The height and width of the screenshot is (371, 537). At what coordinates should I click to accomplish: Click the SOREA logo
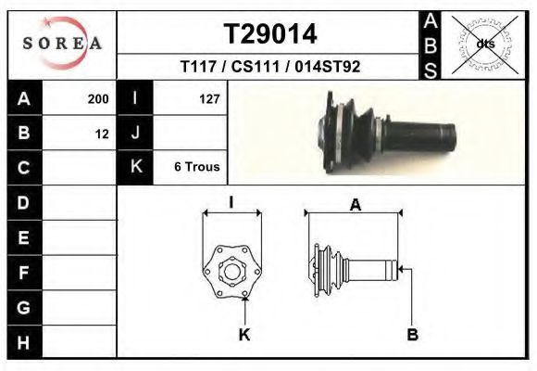[62, 43]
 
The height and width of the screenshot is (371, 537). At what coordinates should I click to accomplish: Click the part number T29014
[270, 34]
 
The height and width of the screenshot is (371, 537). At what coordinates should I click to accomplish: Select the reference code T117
[199, 67]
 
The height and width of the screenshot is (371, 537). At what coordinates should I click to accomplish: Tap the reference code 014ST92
[328, 67]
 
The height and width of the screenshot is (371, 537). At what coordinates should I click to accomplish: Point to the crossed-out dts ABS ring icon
[484, 45]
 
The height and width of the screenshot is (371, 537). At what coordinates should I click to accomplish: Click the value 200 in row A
[98, 99]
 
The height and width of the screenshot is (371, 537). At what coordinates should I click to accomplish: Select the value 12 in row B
[102, 134]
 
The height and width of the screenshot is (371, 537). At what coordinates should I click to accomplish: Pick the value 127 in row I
[209, 99]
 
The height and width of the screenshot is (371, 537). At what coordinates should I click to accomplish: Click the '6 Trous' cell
[197, 166]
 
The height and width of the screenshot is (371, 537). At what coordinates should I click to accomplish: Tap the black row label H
[23, 342]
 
